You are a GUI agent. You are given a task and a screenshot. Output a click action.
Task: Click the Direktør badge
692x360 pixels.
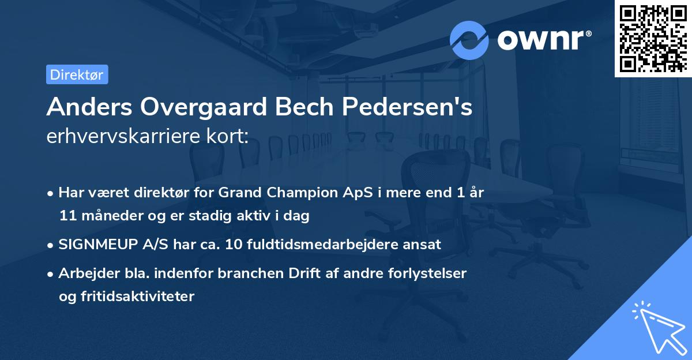[77, 74]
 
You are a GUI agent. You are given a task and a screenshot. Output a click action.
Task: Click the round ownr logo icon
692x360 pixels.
[469, 40]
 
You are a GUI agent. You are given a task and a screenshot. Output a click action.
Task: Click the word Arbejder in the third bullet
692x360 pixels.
[85, 273]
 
